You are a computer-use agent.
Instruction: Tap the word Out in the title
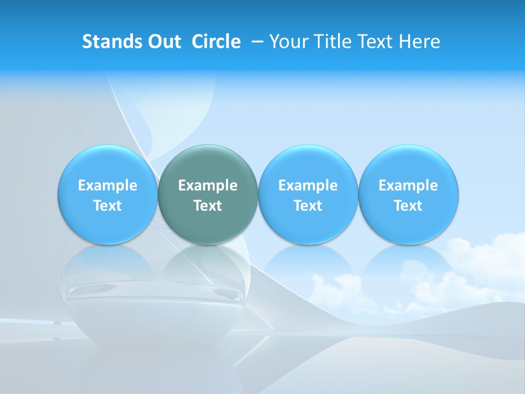click(164, 42)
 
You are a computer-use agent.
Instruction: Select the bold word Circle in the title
click(216, 42)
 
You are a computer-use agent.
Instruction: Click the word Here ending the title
click(419, 42)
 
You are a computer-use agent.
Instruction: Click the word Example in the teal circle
click(208, 186)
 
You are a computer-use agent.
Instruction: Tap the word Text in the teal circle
click(208, 206)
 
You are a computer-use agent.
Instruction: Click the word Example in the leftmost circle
click(107, 186)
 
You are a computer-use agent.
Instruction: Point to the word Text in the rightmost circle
click(408, 206)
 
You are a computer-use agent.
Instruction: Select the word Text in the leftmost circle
click(107, 206)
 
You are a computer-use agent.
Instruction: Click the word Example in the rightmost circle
click(408, 186)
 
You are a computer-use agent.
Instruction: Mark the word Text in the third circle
click(308, 206)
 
